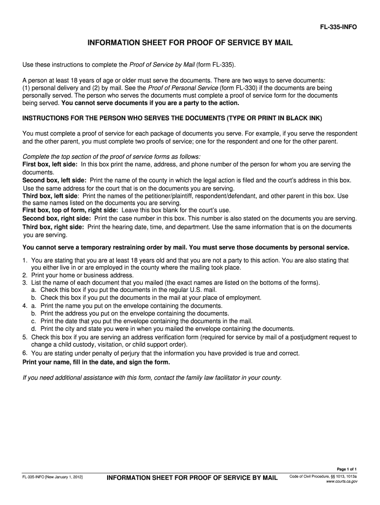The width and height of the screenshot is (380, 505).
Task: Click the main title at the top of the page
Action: click(190, 43)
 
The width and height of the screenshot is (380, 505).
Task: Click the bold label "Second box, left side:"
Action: click(56, 180)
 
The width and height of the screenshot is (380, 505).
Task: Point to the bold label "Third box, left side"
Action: click(53, 196)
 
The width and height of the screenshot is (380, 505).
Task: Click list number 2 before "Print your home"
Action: click(25, 275)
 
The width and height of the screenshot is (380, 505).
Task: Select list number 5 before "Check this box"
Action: click(25, 337)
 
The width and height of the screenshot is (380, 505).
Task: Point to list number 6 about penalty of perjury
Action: click(25, 353)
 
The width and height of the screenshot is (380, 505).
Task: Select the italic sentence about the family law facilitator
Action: click(152, 378)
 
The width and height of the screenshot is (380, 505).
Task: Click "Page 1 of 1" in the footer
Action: click(346, 469)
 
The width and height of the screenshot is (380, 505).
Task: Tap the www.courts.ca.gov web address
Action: click(342, 482)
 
